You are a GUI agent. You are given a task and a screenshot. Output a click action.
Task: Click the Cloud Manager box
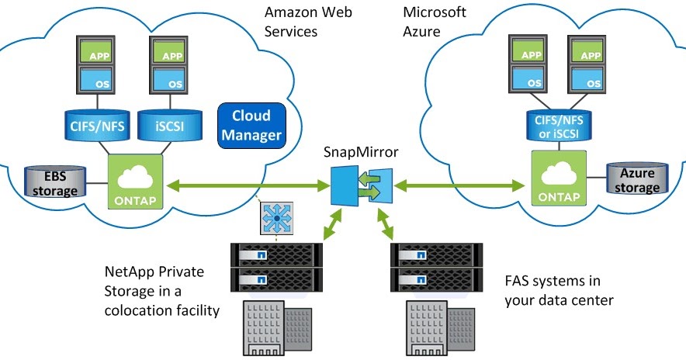251,125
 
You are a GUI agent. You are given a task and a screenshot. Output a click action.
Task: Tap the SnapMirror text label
361,152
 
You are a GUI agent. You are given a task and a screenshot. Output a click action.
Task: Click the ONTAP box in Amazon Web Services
135,181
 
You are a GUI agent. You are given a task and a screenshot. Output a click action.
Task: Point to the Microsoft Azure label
435,22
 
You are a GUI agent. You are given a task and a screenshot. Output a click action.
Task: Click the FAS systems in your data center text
551,289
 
